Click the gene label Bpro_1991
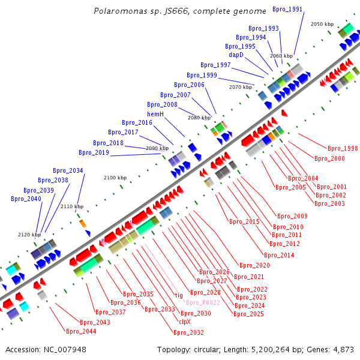coord(287,10)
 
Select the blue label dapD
coord(236,55)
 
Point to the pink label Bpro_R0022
coord(203,302)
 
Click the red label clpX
coord(185,322)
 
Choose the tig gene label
coord(179,295)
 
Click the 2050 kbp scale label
coord(322,24)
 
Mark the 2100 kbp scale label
coord(115,178)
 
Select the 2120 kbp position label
coord(29,235)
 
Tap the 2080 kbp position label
coord(199,118)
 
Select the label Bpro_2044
coord(81,331)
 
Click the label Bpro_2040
coord(26,199)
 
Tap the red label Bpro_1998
coord(343,148)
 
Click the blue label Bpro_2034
coord(68,170)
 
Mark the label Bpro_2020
coord(254,265)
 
